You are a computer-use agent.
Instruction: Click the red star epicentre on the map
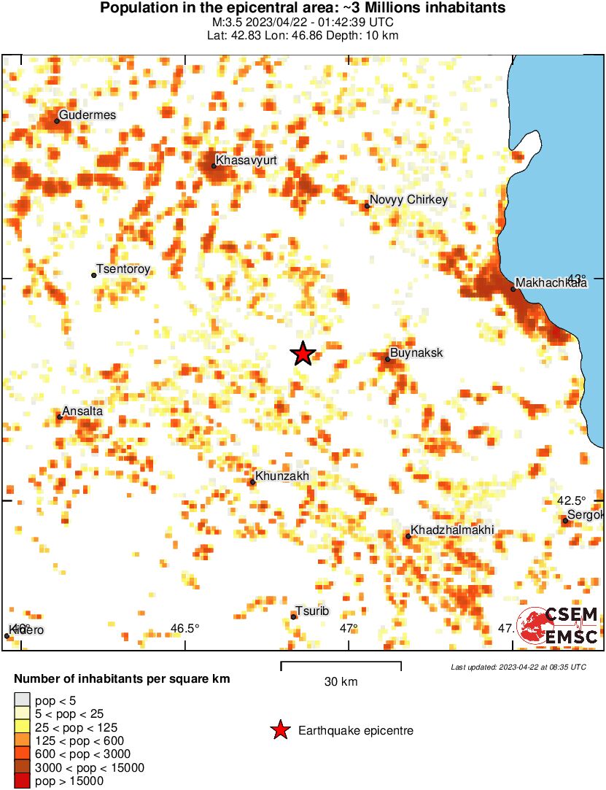[303, 354]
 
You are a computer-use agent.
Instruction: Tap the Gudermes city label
[87, 115]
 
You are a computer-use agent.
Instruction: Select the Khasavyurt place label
[246, 159]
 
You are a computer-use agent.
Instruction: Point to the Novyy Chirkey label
[408, 199]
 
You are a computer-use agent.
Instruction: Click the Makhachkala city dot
[513, 289]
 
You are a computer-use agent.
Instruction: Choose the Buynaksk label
[416, 353]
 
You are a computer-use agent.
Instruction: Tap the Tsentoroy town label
[123, 269]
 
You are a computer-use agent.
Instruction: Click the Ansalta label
[82, 411]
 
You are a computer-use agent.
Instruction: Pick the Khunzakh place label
[283, 476]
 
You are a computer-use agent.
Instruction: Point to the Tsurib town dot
[293, 617]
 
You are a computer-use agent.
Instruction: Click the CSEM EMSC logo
[558, 626]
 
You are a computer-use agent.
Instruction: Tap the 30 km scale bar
[341, 664]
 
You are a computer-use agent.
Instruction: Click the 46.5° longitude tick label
[185, 629]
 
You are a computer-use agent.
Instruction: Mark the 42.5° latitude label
[571, 500]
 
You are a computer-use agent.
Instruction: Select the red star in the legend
[279, 730]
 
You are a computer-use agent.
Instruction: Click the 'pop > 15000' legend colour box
[22, 781]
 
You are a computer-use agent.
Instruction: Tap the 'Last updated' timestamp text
[518, 667]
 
